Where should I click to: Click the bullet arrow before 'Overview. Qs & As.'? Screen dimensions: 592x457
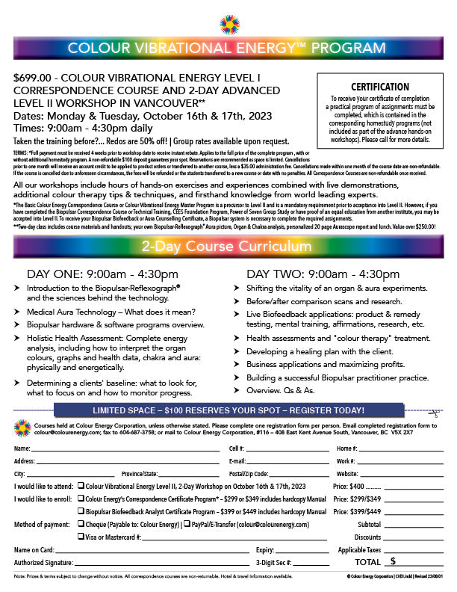[x=236, y=391]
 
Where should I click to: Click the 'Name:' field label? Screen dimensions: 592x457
[x=23, y=448]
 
